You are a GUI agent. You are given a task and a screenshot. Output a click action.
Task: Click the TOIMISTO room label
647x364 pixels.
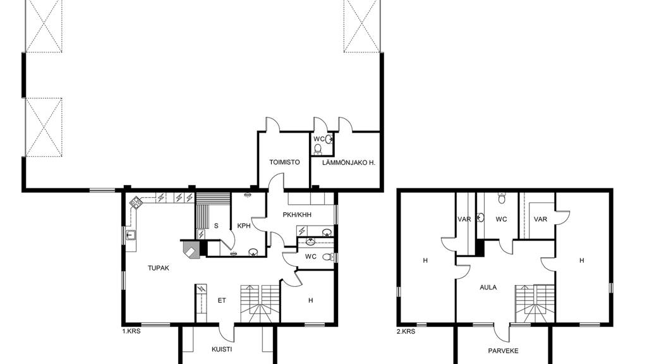pos(284,162)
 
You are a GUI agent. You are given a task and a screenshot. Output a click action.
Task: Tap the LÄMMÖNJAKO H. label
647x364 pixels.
pos(348,162)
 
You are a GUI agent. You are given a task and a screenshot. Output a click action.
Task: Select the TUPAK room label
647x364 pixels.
pos(159,268)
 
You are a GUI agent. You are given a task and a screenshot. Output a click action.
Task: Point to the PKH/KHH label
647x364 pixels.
pos(297,215)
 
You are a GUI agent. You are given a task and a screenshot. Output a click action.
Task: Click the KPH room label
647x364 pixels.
pos(244,226)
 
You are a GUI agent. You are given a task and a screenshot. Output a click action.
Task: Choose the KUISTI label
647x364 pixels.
pos(222,349)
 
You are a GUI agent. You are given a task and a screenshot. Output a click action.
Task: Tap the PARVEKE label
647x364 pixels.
pos(503,351)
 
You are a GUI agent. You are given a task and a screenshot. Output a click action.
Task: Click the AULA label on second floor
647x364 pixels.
pos(488,288)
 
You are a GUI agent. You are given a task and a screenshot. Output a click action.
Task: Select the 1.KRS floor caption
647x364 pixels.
pos(131,331)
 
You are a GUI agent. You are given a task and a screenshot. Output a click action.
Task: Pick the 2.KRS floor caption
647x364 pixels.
pos(406,331)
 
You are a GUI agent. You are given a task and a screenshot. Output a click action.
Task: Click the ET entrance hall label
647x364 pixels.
pos(222,300)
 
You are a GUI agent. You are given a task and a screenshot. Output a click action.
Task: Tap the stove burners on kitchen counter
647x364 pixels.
pos(136,202)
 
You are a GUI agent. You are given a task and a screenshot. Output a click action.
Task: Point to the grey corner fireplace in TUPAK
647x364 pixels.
pos(191,250)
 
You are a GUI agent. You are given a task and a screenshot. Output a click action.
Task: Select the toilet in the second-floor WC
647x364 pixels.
pos(502,198)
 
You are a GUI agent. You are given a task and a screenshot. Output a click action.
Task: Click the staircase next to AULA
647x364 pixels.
pos(535,303)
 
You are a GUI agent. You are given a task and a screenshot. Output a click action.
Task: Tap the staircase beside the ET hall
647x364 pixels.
pos(260,303)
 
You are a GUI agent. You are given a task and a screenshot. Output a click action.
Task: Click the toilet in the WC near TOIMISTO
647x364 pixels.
pos(318,149)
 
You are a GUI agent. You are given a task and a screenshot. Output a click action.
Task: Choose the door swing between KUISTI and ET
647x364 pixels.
pos(226,330)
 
